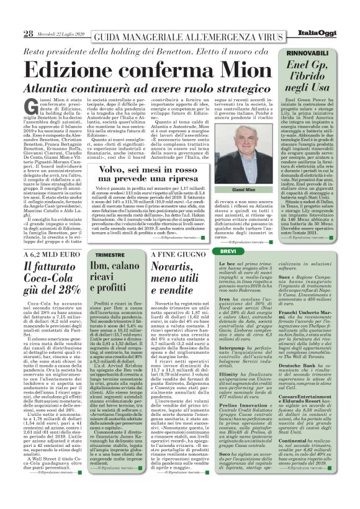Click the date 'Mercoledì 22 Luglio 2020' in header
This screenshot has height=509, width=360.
pyautogui.click(x=58, y=33)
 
